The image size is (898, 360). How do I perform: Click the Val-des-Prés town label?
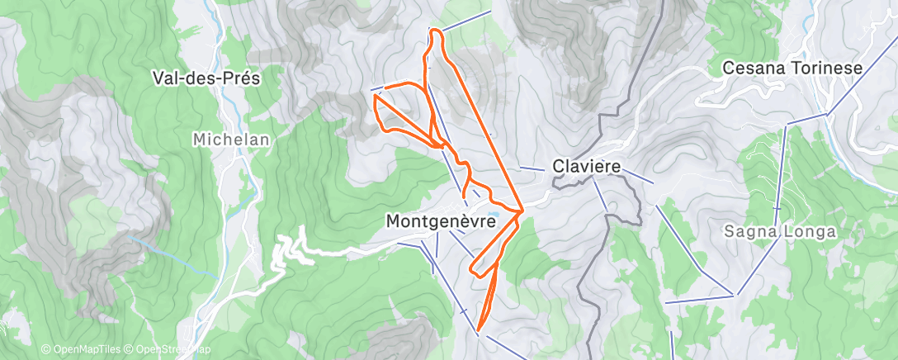pos(206,78)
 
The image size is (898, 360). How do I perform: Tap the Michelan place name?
pos(231,140)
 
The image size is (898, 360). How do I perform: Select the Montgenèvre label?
pos(441,221)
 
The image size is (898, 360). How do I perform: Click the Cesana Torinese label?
pos(792,69)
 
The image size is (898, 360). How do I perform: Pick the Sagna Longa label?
pos(780,232)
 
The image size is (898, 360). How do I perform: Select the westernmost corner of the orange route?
pos(376,97)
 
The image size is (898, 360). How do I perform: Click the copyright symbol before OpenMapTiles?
pos(45,350)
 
